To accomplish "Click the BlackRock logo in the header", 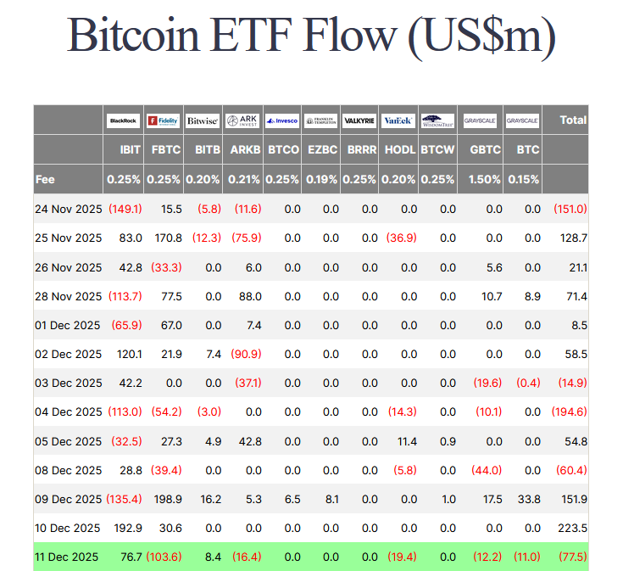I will click(124, 120).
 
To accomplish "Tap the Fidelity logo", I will click(163, 120).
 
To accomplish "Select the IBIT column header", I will click(131, 150).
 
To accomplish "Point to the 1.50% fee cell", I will click(481, 179).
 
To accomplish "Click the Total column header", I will click(573, 120).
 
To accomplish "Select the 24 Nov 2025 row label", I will click(69, 209).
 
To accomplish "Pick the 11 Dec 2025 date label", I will click(67, 557).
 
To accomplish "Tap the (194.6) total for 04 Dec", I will click(569, 411).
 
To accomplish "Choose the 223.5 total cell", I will click(572, 528).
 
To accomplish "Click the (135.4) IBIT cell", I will click(125, 499).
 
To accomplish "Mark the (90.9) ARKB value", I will click(244, 354).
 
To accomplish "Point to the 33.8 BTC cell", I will click(529, 499).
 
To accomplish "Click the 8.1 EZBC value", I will click(331, 499).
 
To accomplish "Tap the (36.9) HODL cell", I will click(401, 238).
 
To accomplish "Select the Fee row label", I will click(46, 179).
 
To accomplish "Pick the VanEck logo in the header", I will click(398, 120).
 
